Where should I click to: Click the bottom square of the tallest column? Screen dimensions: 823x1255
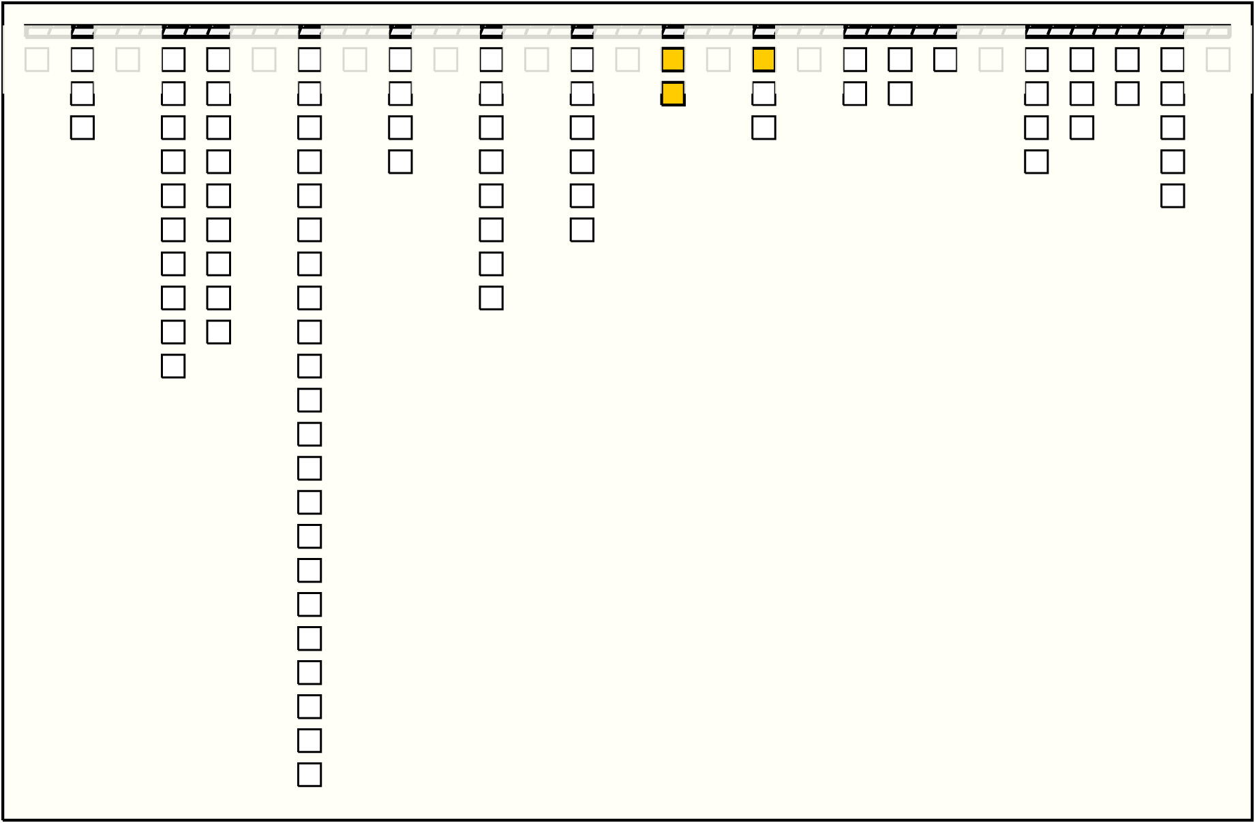click(x=309, y=775)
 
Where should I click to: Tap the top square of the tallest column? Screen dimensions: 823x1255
click(x=309, y=59)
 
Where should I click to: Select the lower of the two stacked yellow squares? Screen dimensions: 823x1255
click(x=673, y=93)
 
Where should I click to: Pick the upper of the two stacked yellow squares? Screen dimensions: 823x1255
click(x=673, y=59)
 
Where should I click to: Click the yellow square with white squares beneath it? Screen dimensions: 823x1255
click(x=763, y=59)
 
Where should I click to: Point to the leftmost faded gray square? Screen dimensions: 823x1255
click(x=37, y=59)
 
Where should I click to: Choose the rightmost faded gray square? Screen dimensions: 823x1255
click(x=1218, y=59)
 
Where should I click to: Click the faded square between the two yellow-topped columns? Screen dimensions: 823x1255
click(x=719, y=59)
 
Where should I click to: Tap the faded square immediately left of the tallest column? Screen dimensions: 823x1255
click(x=264, y=59)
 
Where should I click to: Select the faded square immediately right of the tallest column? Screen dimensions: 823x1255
click(x=354, y=59)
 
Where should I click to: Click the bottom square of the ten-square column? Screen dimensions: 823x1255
click(x=173, y=366)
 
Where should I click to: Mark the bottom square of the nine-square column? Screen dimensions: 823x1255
click(x=218, y=332)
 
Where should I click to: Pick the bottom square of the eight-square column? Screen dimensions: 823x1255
click(x=491, y=298)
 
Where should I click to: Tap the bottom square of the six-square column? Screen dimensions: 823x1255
click(x=581, y=230)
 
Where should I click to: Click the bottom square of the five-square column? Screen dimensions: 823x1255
click(x=1173, y=196)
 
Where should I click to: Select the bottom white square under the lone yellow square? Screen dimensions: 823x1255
click(x=763, y=127)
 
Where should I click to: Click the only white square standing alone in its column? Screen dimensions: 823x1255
click(x=945, y=59)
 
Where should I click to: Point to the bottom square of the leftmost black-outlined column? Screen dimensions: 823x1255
click(x=82, y=127)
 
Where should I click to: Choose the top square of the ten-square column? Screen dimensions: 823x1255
click(x=173, y=59)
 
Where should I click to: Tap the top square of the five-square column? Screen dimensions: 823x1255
click(x=1173, y=59)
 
